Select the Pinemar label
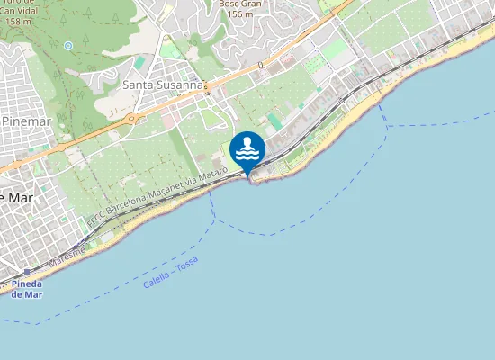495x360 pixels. [x=26, y=120]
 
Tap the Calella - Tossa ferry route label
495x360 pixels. [x=170, y=273]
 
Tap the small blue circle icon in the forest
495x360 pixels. [x=68, y=45]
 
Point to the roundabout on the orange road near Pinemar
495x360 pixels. [x=133, y=118]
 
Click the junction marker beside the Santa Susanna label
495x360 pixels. [x=207, y=88]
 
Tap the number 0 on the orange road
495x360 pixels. [x=259, y=65]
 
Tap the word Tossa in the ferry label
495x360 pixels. [x=185, y=265]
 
